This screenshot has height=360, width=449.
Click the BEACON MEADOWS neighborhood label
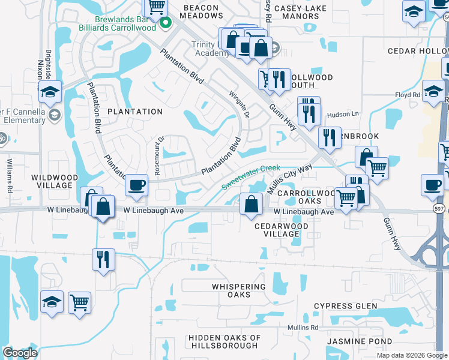[x=202, y=16]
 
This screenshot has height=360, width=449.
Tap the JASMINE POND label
[x=355, y=341]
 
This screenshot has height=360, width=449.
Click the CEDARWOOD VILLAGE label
[x=281, y=230]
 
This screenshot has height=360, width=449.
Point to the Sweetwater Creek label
[x=251, y=176]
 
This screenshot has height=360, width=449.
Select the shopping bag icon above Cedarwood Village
[x=250, y=204]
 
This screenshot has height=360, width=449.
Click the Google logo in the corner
[x=20, y=353]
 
